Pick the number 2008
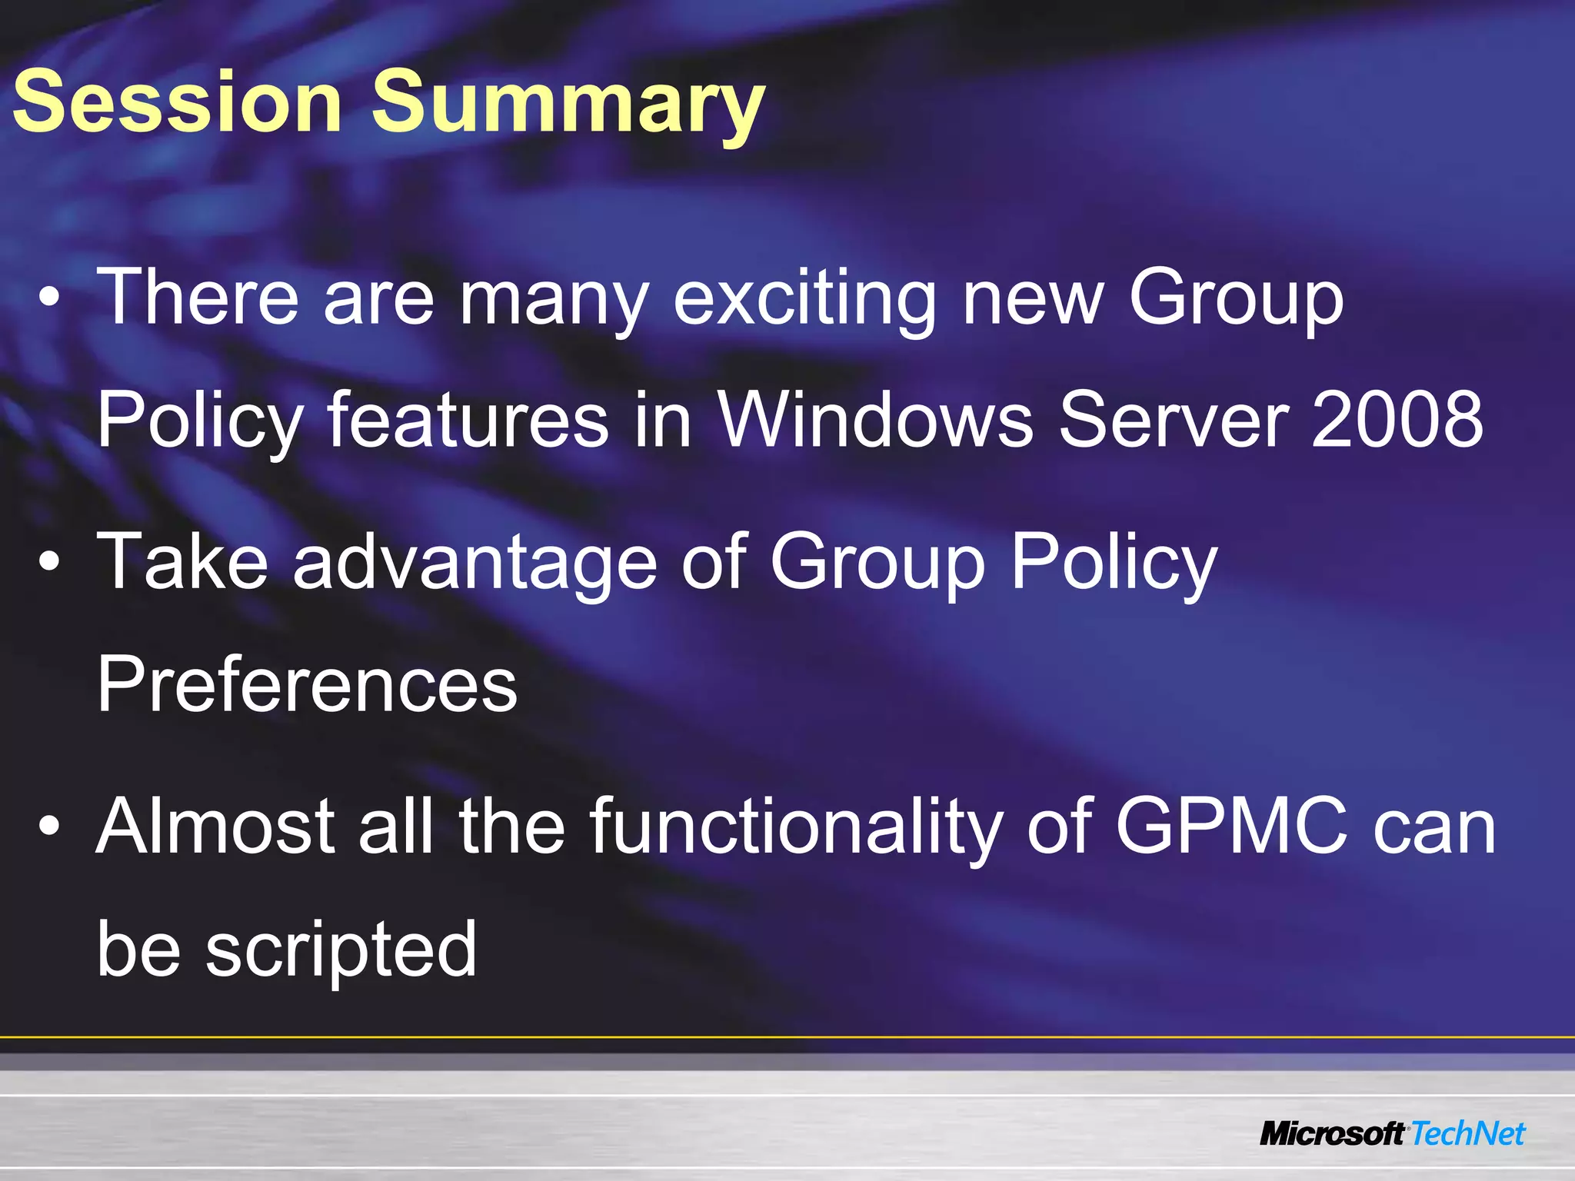(1397, 419)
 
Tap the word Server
(1173, 419)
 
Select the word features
(468, 419)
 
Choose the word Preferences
(307, 684)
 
